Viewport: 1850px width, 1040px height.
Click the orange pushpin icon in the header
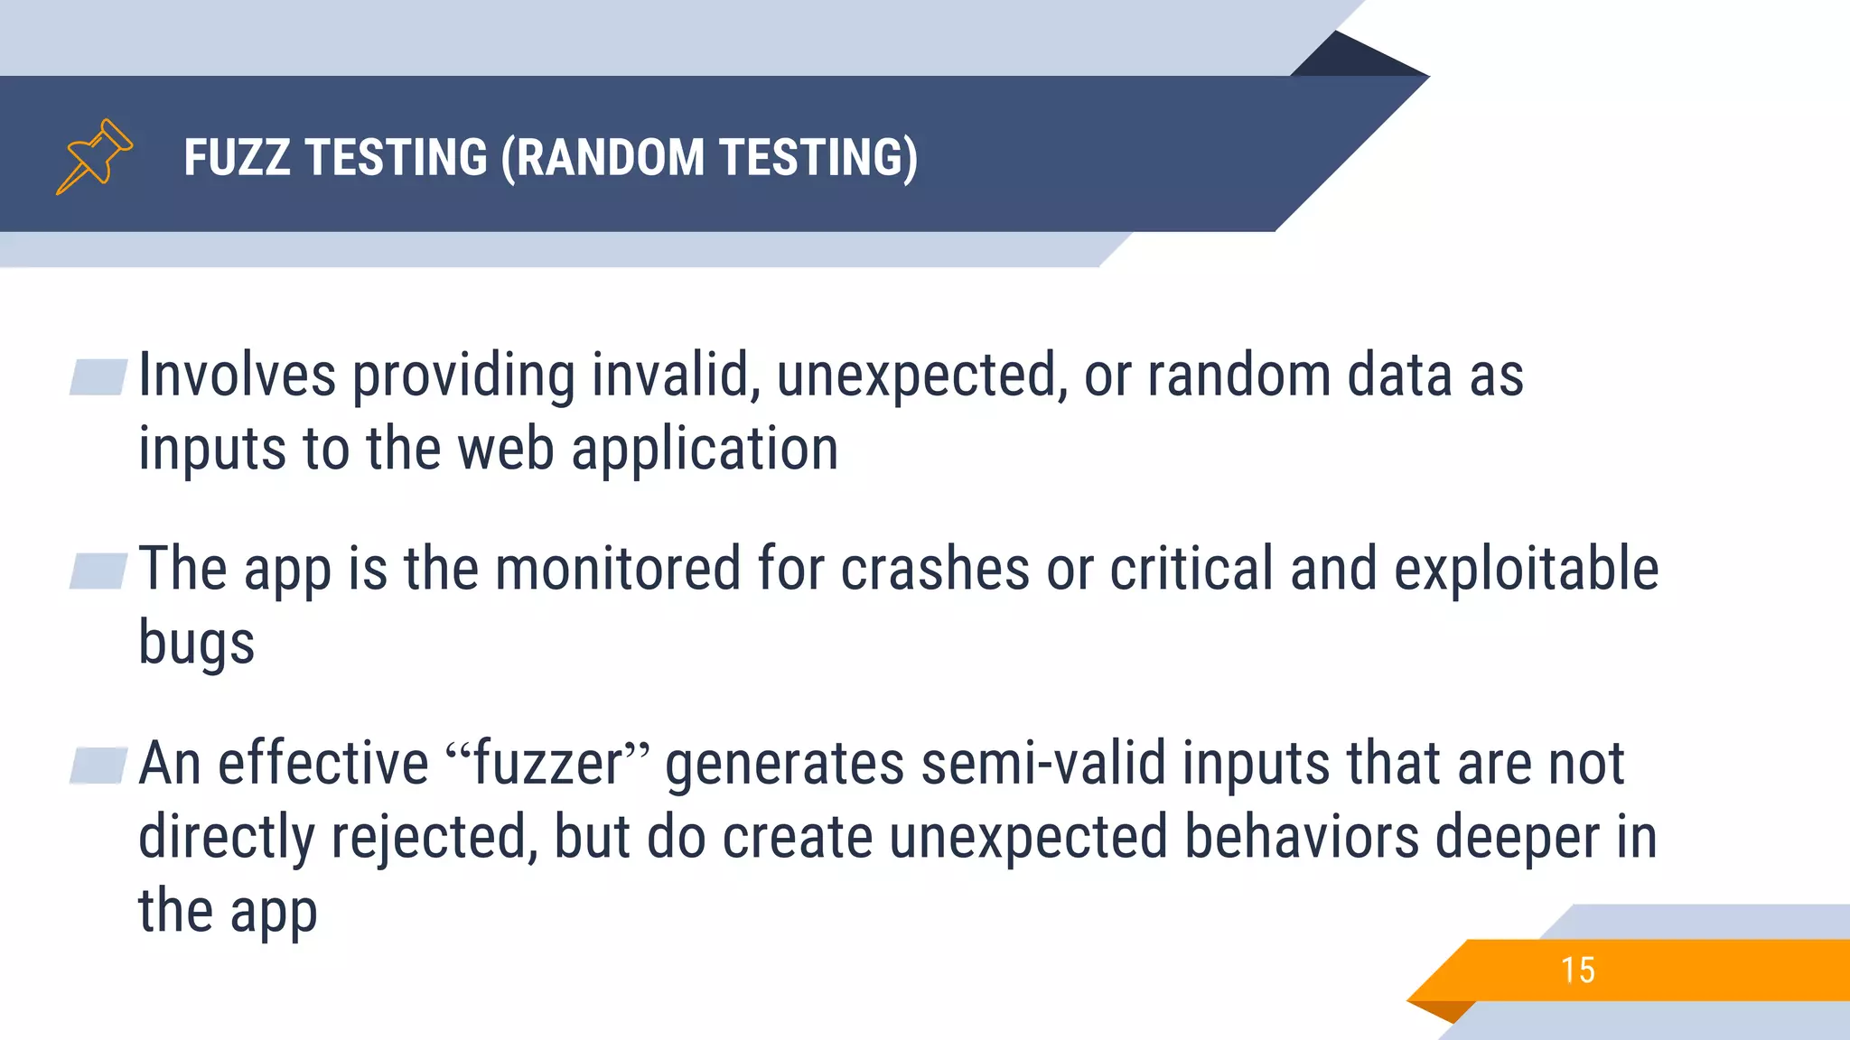coord(94,156)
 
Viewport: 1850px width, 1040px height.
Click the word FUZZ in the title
coord(237,157)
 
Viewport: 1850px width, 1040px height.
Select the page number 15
coord(1577,970)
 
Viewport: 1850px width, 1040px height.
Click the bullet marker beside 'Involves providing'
coord(98,377)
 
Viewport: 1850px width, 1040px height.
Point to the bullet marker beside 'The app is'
coord(98,571)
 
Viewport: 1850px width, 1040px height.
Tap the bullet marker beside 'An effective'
coord(98,766)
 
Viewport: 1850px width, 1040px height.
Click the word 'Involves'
coord(237,376)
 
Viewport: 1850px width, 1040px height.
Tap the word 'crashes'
coord(935,569)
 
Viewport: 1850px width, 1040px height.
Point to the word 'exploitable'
coord(1526,569)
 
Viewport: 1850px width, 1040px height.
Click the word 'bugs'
coord(196,643)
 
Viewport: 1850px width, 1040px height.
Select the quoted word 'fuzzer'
coord(548,764)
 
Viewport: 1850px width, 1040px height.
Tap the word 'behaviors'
coord(1302,837)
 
